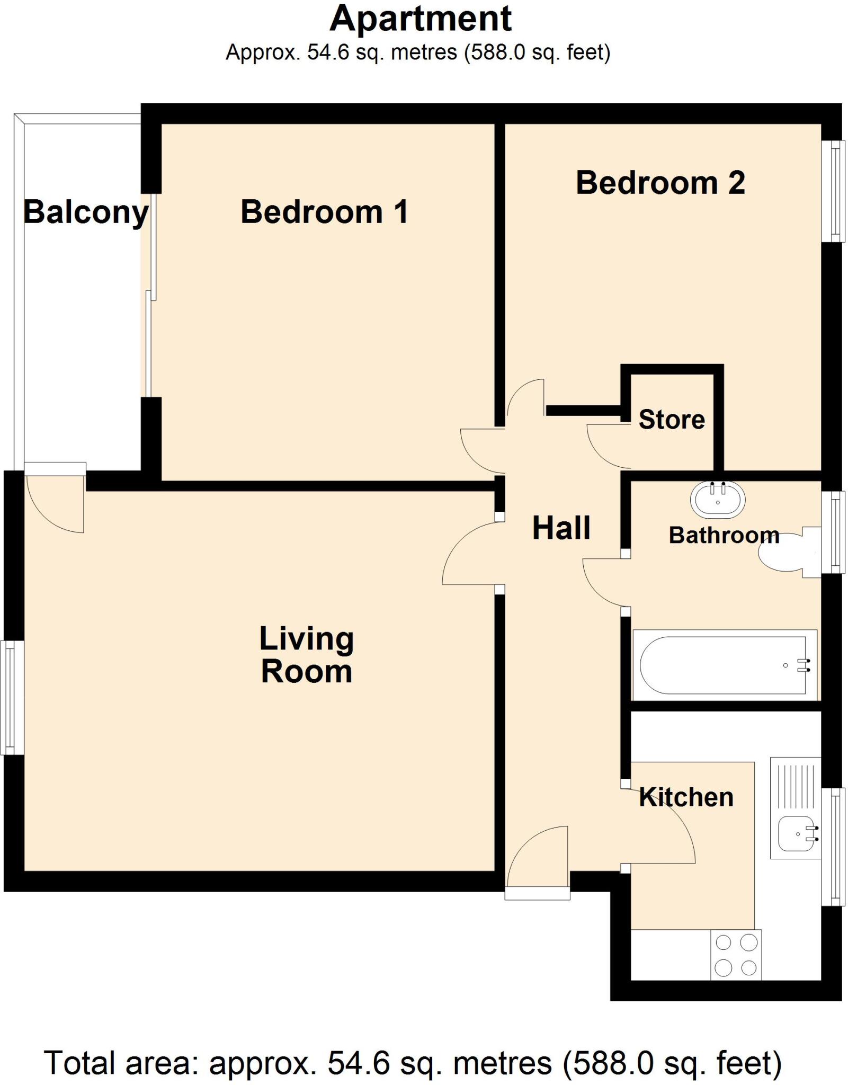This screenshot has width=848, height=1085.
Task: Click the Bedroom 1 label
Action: (x=324, y=212)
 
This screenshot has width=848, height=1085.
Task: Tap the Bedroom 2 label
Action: (x=660, y=183)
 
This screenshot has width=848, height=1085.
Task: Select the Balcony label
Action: (x=86, y=212)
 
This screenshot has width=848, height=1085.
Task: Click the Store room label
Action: (x=672, y=420)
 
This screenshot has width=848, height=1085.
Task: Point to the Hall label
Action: (x=561, y=528)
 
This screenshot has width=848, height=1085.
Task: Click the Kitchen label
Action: (x=686, y=797)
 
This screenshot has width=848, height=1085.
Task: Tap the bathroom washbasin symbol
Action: (x=717, y=500)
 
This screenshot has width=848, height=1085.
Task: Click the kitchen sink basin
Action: (x=796, y=833)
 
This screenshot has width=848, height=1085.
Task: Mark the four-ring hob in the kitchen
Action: (x=736, y=955)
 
